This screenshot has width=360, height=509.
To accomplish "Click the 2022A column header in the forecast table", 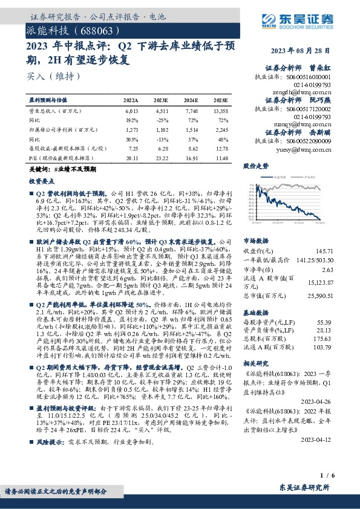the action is (x=131, y=99).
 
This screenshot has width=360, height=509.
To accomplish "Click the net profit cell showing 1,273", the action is (x=131, y=129).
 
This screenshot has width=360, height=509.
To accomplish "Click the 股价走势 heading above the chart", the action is (x=255, y=165).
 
